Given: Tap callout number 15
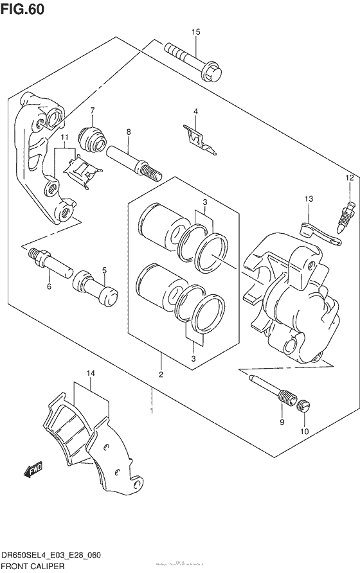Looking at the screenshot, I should click(x=196, y=31).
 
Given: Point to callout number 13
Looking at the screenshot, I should click(x=308, y=200).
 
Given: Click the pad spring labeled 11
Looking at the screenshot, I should click(x=83, y=169).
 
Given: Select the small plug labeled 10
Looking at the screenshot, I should click(x=305, y=406).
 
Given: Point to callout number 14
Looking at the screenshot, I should click(x=91, y=373).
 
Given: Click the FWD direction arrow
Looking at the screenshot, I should click(x=33, y=474).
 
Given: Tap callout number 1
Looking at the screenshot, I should click(x=152, y=410).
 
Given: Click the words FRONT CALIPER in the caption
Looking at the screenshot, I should click(x=33, y=566).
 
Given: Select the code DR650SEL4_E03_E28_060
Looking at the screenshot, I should click(x=51, y=556).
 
